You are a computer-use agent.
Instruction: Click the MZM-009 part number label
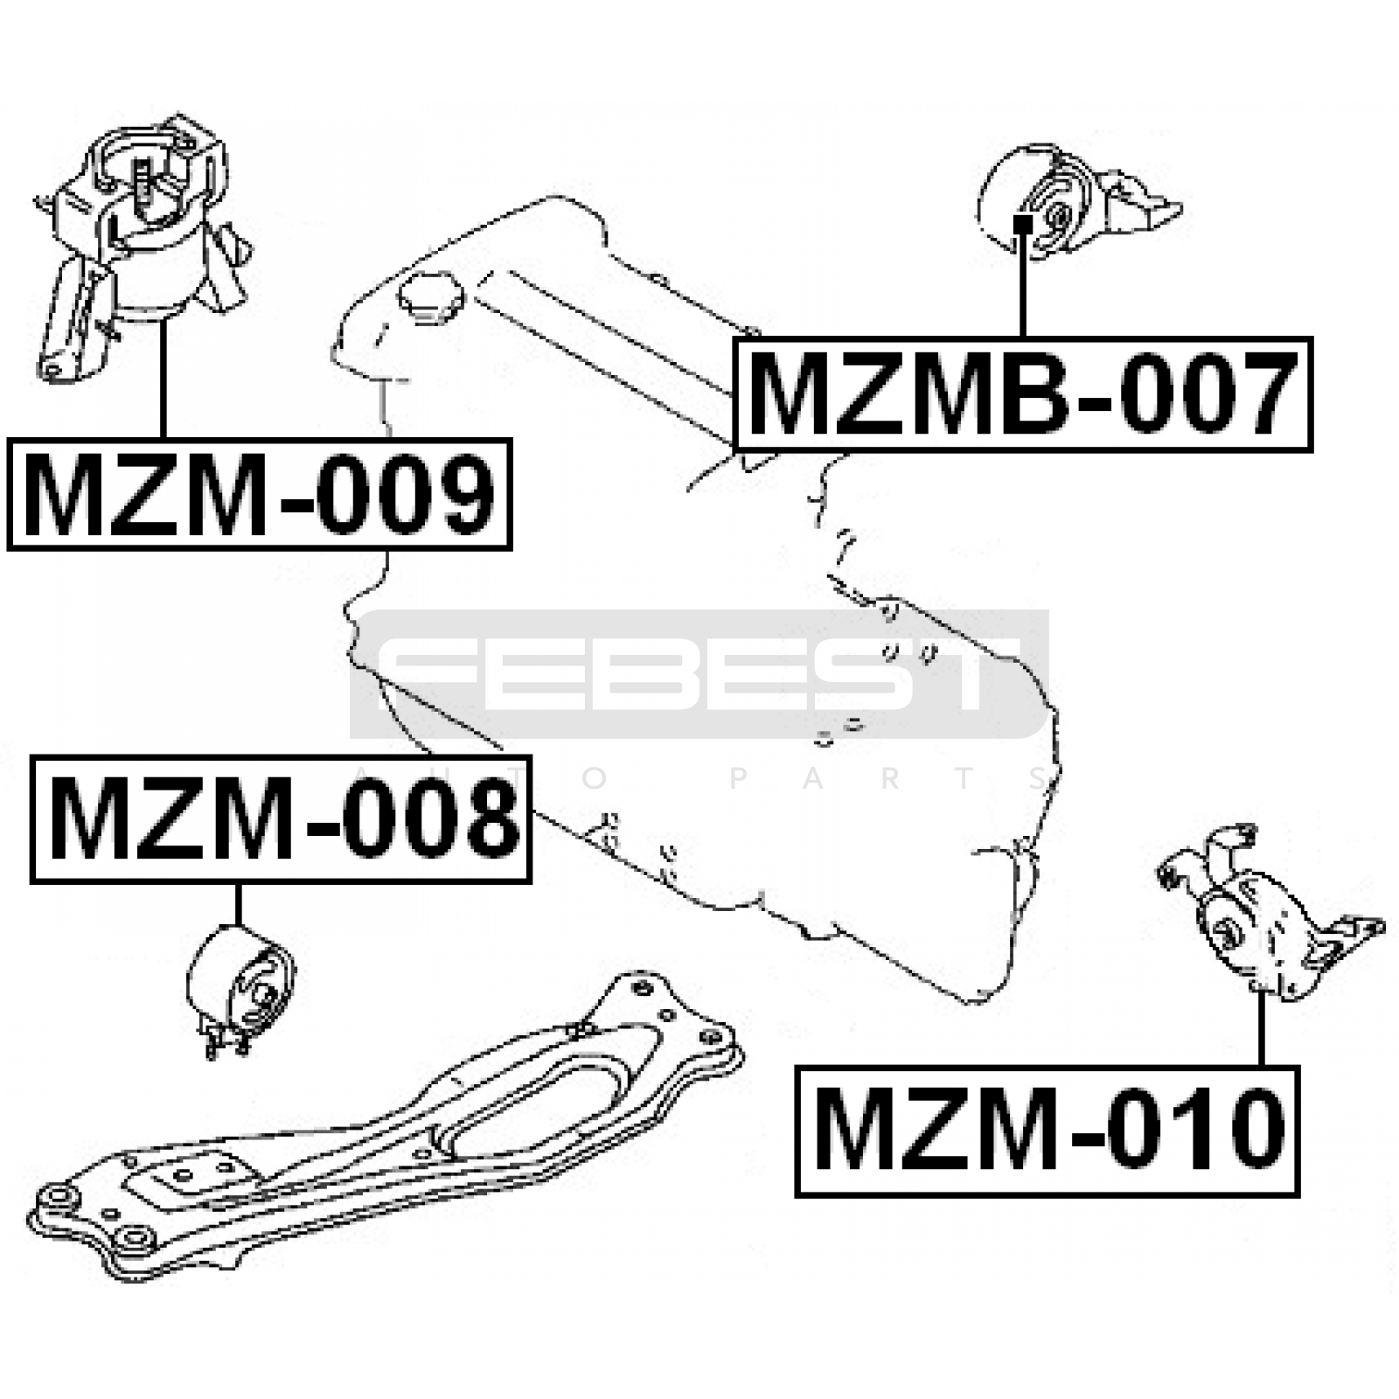[259, 494]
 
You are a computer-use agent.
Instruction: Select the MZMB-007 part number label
[1022, 393]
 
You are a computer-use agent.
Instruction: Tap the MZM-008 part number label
[281, 819]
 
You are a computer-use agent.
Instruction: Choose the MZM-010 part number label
[1047, 1131]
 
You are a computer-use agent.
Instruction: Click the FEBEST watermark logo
[699, 674]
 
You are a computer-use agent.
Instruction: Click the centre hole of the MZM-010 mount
[1228, 932]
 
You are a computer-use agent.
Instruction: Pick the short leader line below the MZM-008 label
[237, 906]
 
